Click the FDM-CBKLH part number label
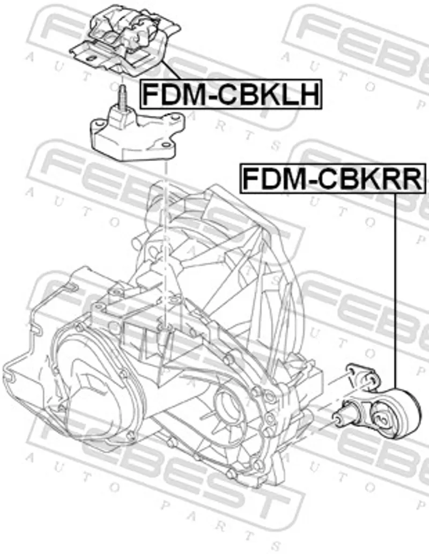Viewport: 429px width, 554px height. pos(231,94)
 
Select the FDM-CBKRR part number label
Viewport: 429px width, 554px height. pos(332,178)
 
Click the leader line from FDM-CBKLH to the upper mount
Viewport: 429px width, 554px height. pos(172,70)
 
